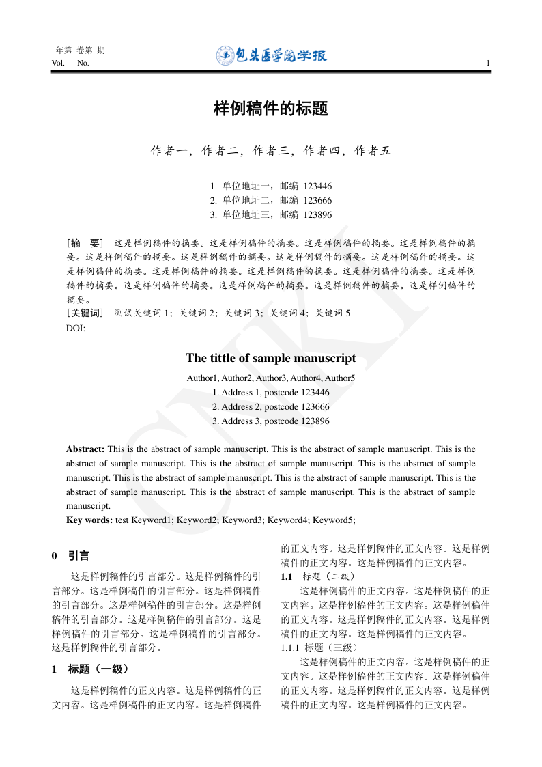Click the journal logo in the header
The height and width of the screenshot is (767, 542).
[271, 55]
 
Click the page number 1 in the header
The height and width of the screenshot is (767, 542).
[488, 64]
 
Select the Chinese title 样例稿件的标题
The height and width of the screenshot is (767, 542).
[271, 109]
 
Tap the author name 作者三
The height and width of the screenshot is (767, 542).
[271, 151]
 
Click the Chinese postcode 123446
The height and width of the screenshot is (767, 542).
[317, 186]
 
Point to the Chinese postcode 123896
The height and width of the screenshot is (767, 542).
[317, 214]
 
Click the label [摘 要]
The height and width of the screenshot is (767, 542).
[85, 242]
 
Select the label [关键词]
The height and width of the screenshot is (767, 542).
[85, 313]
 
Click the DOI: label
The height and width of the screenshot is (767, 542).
[75, 329]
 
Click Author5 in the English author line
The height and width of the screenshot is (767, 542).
[340, 378]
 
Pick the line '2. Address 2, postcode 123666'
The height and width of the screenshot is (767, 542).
[271, 407]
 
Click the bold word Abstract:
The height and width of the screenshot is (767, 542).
[85, 449]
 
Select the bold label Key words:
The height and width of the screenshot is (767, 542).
[89, 520]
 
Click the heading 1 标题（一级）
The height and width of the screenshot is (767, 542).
[90, 669]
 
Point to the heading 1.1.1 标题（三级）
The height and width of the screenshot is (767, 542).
[318, 647]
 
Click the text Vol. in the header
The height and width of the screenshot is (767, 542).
[58, 64]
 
